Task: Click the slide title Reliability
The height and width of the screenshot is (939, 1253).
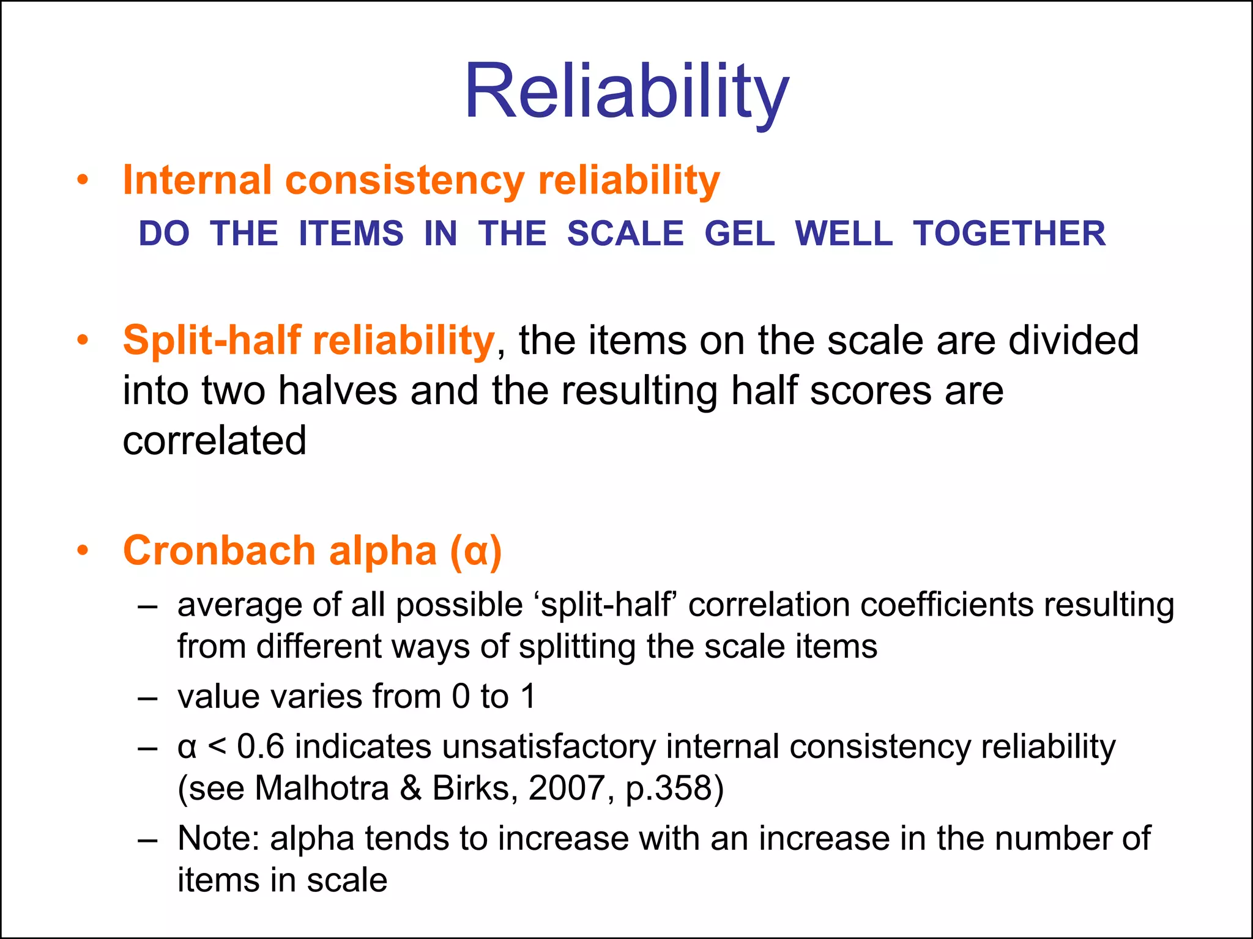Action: (x=626, y=92)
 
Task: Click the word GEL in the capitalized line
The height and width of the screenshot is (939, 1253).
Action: (x=740, y=234)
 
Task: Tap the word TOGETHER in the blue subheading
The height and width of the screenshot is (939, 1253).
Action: (x=1009, y=234)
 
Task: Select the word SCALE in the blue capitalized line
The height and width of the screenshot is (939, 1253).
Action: (x=625, y=234)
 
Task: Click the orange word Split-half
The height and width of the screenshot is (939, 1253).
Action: (x=212, y=341)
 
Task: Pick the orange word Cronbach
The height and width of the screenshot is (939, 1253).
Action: (x=219, y=551)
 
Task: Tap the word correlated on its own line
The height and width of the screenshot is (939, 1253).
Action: (x=214, y=441)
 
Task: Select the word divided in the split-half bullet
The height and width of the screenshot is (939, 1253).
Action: (x=1073, y=341)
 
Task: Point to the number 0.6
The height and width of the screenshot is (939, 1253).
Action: (x=261, y=746)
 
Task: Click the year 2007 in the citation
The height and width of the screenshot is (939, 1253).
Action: (x=567, y=788)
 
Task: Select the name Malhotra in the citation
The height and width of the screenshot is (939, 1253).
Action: (x=322, y=788)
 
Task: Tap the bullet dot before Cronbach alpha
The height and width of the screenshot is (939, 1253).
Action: (x=83, y=550)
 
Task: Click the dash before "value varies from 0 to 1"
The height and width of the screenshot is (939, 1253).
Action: (x=148, y=698)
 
